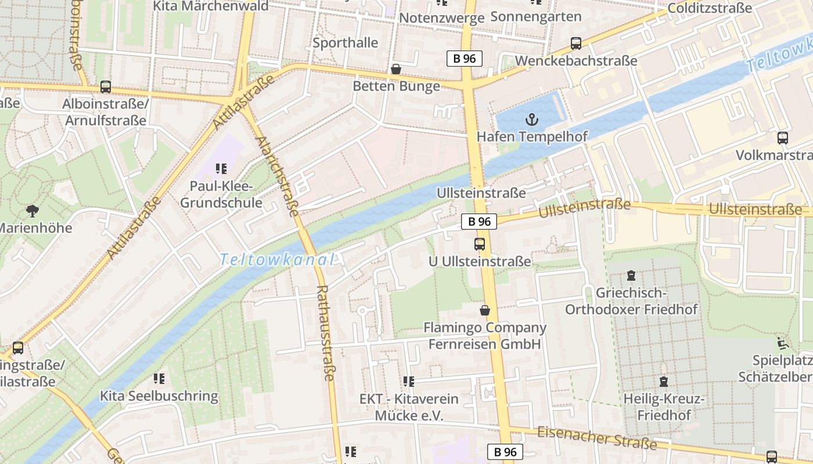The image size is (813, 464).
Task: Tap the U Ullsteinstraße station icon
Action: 480,244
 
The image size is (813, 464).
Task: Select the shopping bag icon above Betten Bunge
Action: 396,70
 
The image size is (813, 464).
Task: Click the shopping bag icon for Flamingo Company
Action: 485,311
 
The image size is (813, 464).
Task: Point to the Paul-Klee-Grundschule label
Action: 221,195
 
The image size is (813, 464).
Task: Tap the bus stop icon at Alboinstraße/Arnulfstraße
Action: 106,87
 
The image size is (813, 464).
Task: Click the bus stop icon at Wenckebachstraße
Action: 576,43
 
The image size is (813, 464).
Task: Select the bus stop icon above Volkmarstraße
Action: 783,138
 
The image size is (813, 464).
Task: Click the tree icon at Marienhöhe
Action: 33,211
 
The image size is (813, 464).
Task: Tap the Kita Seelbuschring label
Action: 159,397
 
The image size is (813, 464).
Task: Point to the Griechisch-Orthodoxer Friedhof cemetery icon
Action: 631,275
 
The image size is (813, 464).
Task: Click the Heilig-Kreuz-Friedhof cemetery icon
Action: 664,382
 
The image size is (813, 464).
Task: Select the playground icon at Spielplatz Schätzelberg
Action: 783,343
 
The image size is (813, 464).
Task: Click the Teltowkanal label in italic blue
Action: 278,260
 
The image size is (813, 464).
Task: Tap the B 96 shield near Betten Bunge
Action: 465,58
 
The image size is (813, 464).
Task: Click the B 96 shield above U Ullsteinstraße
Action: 479,221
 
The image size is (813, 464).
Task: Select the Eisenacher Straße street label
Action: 596,438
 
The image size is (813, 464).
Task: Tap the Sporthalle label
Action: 345,43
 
